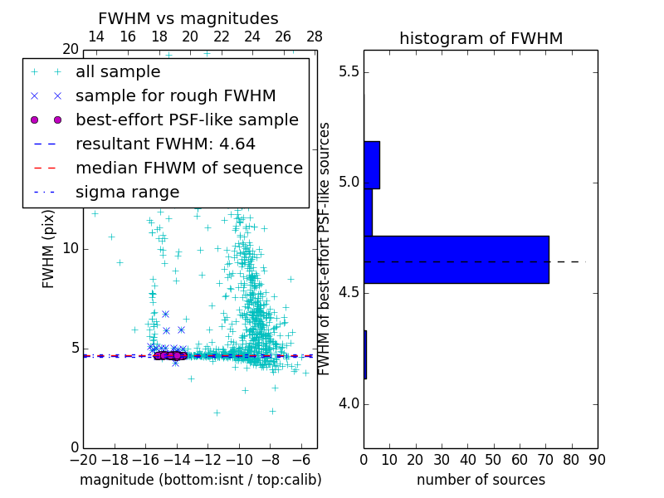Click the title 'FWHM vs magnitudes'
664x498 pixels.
click(x=188, y=18)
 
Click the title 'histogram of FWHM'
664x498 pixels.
click(x=481, y=38)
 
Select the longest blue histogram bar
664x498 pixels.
click(x=456, y=259)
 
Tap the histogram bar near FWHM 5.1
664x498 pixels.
click(x=371, y=164)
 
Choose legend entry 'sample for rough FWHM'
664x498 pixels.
click(x=175, y=95)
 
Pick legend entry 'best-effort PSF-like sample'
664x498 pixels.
click(x=187, y=120)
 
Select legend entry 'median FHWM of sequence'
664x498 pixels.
click(x=188, y=168)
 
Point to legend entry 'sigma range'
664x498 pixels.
click(x=127, y=192)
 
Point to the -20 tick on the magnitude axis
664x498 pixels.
click(x=83, y=459)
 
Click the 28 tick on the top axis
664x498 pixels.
click(x=315, y=37)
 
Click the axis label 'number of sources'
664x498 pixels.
click(x=481, y=480)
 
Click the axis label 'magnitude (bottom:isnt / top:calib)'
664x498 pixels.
click(x=200, y=480)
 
